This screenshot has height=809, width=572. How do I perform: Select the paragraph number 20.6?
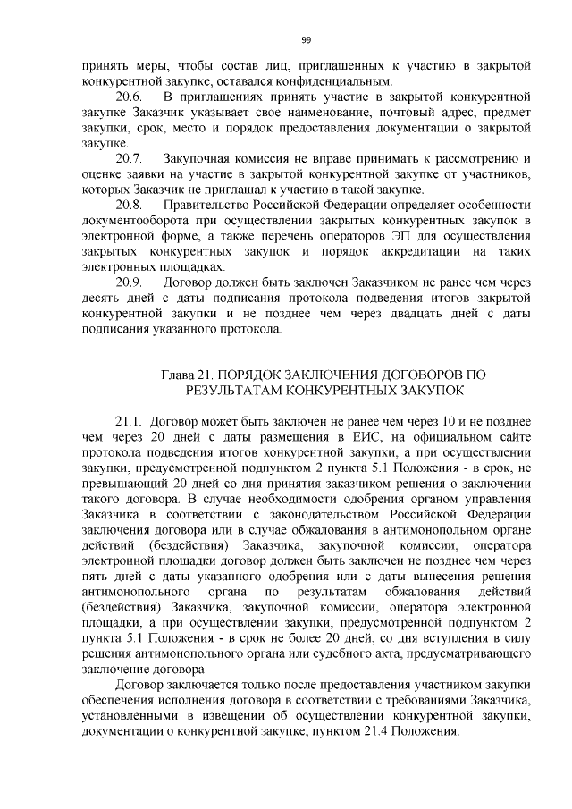click(x=130, y=97)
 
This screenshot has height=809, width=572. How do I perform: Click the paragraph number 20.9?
click(x=130, y=282)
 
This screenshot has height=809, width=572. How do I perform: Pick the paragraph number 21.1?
click(x=130, y=420)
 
